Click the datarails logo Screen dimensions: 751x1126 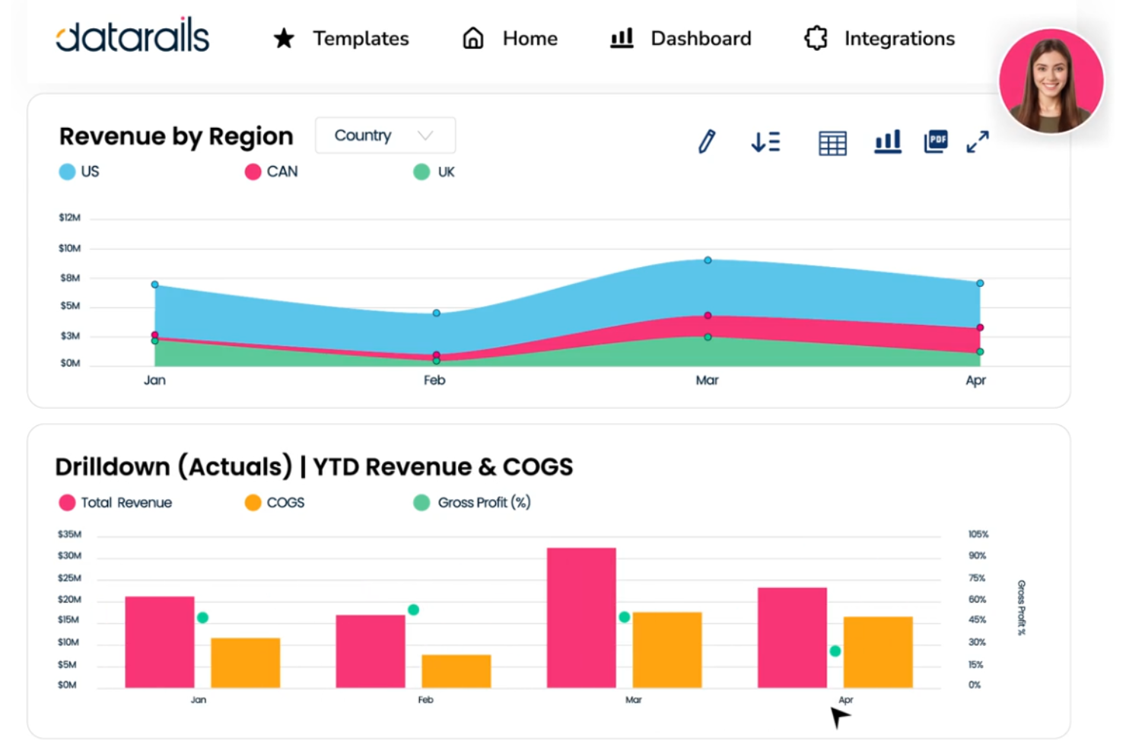(x=132, y=37)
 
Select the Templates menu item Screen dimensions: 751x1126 (x=342, y=38)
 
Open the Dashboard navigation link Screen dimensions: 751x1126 (x=681, y=38)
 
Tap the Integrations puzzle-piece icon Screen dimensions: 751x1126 (x=816, y=38)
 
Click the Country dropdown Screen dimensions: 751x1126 (x=385, y=135)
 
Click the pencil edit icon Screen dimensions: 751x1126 (x=707, y=142)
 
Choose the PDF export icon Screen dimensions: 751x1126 (x=936, y=141)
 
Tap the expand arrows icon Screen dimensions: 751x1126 (x=978, y=142)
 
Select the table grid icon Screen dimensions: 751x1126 (x=832, y=142)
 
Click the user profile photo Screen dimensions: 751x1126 (x=1051, y=81)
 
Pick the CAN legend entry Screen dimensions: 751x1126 (x=272, y=172)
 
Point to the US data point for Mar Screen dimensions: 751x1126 (x=708, y=260)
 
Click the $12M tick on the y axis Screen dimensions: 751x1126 (x=69, y=218)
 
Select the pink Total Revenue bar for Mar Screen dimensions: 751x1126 (x=581, y=617)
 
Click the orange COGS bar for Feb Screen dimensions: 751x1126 (x=456, y=670)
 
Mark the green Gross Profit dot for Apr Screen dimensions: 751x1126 (x=835, y=651)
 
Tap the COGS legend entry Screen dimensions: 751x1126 (x=275, y=503)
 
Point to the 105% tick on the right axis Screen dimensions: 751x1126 (x=978, y=534)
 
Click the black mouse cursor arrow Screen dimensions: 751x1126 (x=838, y=716)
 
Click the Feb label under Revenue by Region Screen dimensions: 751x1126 (x=434, y=380)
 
